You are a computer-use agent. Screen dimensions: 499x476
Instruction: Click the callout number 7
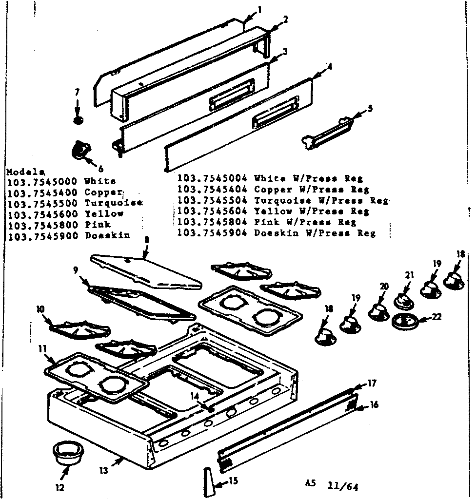[77, 92]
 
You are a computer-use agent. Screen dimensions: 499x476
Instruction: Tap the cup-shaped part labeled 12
[67, 453]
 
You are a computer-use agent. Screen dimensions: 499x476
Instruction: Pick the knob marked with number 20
[379, 311]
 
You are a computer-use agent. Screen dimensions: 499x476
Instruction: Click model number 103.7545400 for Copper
[42, 192]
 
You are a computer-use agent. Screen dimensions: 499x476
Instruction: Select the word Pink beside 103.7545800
[98, 225]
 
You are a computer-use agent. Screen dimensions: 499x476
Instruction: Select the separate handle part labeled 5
[327, 132]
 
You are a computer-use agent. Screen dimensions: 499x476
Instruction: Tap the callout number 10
[40, 308]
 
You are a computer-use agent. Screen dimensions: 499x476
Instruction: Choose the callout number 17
[372, 384]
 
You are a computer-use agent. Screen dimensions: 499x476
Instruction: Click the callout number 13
[103, 470]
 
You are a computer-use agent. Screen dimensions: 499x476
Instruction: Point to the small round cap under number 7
[77, 119]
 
